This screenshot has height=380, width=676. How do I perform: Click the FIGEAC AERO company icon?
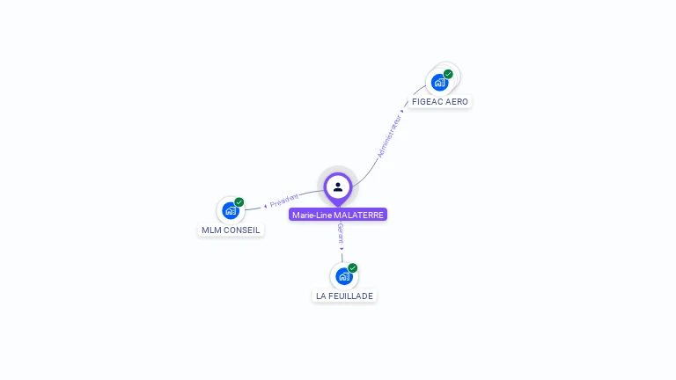click(x=438, y=83)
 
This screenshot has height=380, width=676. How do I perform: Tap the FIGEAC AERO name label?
click(x=440, y=102)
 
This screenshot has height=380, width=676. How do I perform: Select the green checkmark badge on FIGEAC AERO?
click(x=448, y=74)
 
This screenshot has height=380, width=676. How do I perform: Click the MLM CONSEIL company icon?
click(x=231, y=211)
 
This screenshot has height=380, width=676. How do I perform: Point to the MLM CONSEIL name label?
click(x=231, y=230)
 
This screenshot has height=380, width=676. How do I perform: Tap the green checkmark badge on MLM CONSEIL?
click(x=239, y=202)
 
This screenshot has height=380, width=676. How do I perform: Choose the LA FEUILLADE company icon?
click(x=344, y=276)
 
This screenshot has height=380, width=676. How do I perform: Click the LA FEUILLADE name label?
click(x=345, y=296)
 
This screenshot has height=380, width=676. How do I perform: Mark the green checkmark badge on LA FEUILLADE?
click(x=353, y=267)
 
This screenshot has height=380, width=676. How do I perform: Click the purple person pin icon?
click(x=338, y=186)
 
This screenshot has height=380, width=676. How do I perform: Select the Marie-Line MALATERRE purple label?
click(x=338, y=215)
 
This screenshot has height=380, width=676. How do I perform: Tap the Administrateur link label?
click(x=389, y=136)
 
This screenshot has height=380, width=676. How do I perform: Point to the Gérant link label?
click(x=341, y=234)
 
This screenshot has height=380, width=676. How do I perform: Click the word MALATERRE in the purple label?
click(x=359, y=215)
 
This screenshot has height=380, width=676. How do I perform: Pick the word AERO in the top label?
click(x=457, y=102)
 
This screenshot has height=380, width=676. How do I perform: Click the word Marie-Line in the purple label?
click(x=312, y=215)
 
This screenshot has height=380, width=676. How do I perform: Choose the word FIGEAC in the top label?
click(x=428, y=102)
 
